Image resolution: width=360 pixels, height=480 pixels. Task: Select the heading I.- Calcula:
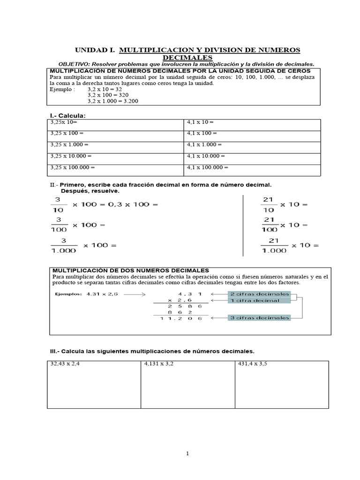pos(68,115)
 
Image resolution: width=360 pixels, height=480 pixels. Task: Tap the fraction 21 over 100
pos(269,225)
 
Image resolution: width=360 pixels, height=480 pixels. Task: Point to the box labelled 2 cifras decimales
pos(259,294)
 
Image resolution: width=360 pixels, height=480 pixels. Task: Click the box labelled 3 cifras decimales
pos(259,318)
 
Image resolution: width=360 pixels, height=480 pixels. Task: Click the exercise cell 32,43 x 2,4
pos(94,384)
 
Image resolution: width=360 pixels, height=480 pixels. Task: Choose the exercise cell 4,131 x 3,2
pos(187,384)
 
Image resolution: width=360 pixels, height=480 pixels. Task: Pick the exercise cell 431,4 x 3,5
pos(282,384)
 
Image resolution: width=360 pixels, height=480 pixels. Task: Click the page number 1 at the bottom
pos(187,453)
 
